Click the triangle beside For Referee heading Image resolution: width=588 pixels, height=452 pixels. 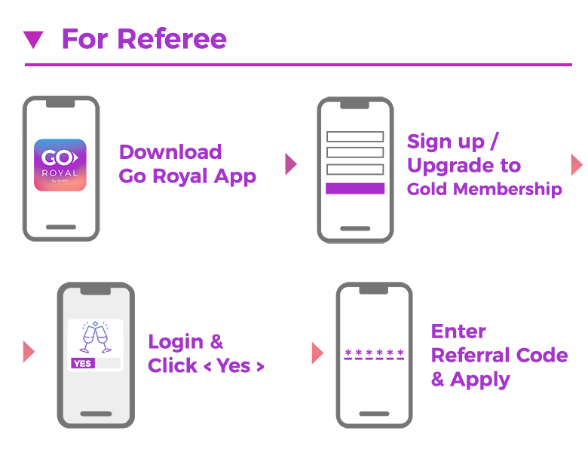(x=33, y=39)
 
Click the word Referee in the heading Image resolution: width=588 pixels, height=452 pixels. (x=172, y=38)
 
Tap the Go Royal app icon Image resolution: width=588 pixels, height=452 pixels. (x=60, y=165)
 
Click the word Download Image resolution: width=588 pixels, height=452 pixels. (x=170, y=151)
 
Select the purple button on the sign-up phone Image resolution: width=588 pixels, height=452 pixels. (x=355, y=188)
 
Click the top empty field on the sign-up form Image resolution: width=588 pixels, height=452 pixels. (x=355, y=136)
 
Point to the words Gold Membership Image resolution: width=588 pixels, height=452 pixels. (x=485, y=189)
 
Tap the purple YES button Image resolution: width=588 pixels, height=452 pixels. (x=82, y=363)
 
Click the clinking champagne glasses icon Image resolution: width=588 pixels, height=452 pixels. (x=96, y=337)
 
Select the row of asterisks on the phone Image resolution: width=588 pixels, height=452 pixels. (x=374, y=353)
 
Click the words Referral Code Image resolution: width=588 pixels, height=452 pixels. (x=500, y=355)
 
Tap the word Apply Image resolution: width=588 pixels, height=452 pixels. (x=480, y=380)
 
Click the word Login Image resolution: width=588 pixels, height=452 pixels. (x=176, y=342)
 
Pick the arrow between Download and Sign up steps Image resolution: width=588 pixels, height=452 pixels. (x=291, y=164)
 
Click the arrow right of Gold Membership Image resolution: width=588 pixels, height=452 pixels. (x=577, y=164)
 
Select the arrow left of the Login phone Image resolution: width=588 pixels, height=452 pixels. (x=29, y=352)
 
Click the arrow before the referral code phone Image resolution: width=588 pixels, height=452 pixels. (x=317, y=353)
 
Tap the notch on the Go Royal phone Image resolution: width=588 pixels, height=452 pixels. (x=60, y=103)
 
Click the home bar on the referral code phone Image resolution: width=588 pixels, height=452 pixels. (x=374, y=414)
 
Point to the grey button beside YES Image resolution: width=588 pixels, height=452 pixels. (x=109, y=363)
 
